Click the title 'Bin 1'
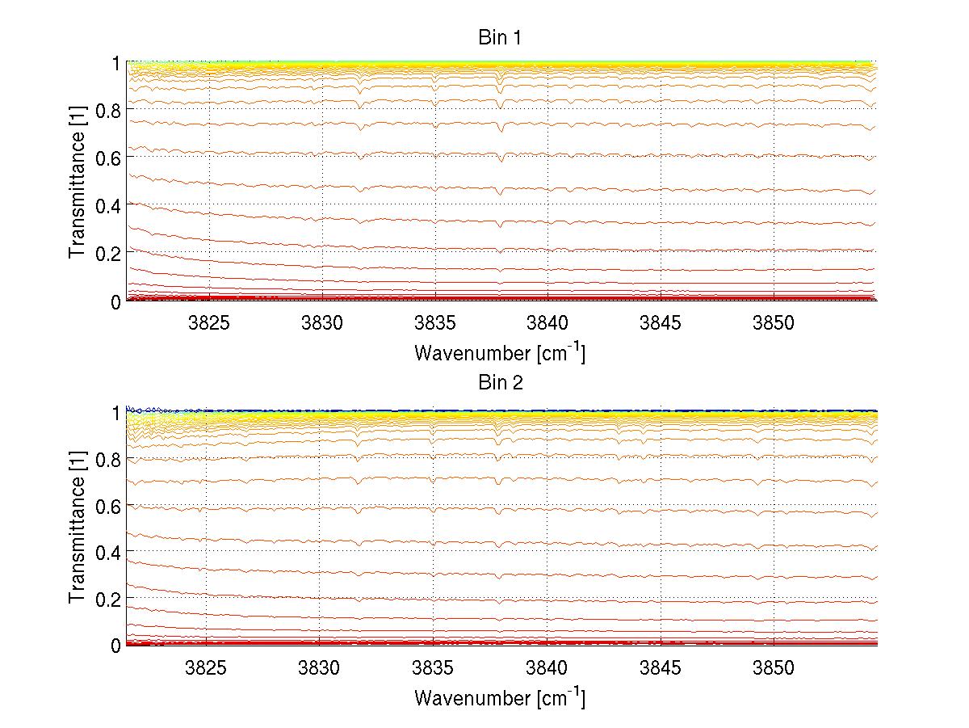(x=501, y=38)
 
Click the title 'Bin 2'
(x=501, y=382)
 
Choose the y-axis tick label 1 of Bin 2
(x=115, y=412)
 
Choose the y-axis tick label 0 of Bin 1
(x=115, y=301)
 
